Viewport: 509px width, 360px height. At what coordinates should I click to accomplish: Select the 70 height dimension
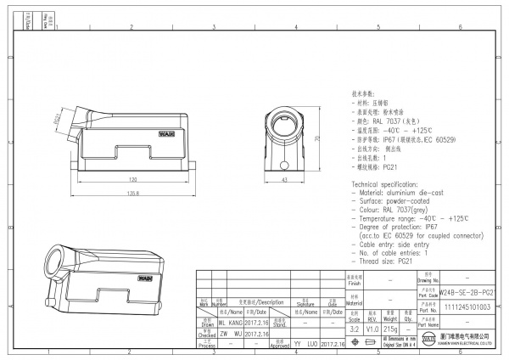[x=316, y=138]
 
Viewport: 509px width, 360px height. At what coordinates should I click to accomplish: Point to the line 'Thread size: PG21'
[x=383, y=262]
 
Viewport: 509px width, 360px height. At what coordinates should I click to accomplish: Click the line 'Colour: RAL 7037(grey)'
[x=393, y=209]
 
